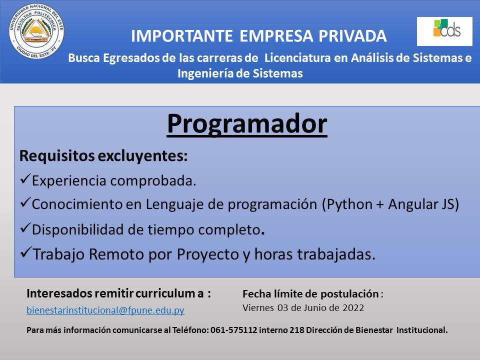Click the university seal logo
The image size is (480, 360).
click(36, 31)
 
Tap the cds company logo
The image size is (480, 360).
click(444, 31)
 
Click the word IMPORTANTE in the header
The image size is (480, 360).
click(182, 36)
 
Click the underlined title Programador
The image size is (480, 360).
click(247, 124)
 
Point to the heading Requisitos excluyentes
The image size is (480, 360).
click(103, 156)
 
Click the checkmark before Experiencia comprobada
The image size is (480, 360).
click(25, 178)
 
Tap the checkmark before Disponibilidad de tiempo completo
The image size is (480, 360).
click(25, 228)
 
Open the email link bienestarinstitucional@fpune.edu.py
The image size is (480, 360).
click(105, 310)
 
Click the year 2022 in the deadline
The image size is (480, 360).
click(353, 307)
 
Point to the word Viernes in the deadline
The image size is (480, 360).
click(258, 307)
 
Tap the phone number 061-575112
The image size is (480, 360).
click(234, 330)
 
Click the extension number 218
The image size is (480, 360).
click(296, 330)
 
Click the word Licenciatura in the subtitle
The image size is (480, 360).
click(297, 58)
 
